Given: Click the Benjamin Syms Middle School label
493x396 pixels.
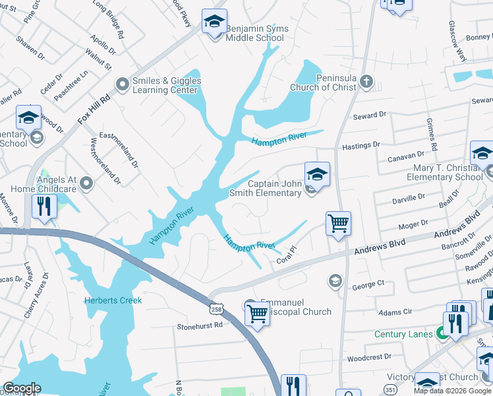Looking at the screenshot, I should (254, 33).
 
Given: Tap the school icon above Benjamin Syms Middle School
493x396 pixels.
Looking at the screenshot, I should (214, 22).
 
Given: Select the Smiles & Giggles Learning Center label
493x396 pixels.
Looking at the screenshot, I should (167, 86).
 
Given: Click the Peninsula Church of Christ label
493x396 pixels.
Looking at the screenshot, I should (328, 82).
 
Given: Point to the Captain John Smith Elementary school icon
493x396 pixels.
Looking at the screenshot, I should (316, 175).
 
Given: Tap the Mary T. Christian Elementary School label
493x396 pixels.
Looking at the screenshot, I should (444, 173).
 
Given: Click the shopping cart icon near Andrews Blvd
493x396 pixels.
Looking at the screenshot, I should (338, 223).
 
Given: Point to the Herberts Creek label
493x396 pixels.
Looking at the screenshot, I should (113, 300).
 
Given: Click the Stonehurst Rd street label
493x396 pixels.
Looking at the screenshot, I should (196, 326).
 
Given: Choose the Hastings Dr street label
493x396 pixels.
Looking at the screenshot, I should (361, 145).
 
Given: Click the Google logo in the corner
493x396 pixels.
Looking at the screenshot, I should (22, 388).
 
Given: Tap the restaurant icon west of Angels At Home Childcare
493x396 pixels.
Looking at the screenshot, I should (43, 207).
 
